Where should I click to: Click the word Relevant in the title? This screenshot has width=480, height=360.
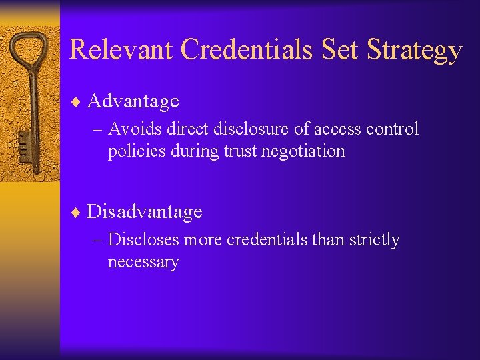click(x=121, y=50)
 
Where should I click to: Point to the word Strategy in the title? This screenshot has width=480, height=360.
click(x=413, y=51)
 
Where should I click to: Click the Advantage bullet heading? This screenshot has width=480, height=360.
click(x=133, y=101)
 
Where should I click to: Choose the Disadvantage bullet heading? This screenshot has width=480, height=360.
click(x=144, y=212)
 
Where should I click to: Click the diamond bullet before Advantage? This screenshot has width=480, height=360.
click(x=77, y=102)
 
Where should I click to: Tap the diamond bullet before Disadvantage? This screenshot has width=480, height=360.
click(x=77, y=213)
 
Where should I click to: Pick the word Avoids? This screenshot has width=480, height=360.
click(x=132, y=129)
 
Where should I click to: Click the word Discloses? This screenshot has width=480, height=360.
click(x=143, y=239)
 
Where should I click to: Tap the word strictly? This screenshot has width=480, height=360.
click(x=374, y=239)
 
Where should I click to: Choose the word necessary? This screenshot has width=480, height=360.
click(x=143, y=262)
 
